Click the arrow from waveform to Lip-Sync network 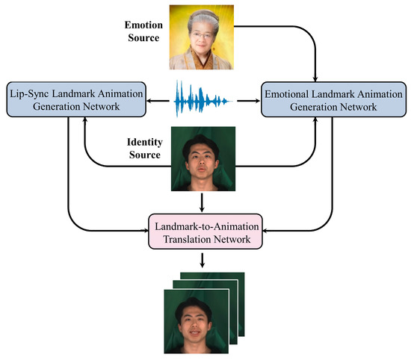pos(158,99)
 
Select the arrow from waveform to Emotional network pos(247,99)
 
